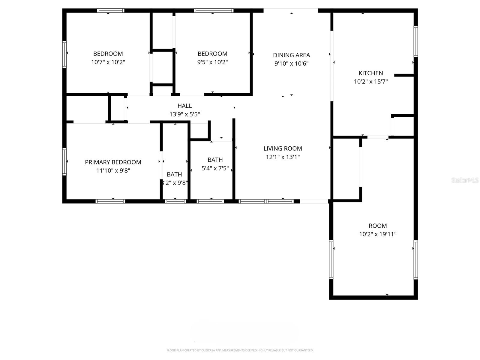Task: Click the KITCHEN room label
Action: (370, 73)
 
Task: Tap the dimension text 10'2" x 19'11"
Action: (378, 234)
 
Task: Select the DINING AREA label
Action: (291, 55)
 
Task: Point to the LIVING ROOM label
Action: (283, 148)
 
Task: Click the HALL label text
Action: (184, 106)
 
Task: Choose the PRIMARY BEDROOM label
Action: (113, 162)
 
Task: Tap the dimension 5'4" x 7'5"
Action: (215, 168)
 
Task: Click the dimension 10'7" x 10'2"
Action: (108, 62)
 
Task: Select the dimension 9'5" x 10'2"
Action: (212, 62)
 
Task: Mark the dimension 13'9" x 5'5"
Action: (184, 114)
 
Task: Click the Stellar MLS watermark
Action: (465, 180)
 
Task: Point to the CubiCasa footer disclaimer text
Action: (240, 350)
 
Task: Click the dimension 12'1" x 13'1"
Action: (283, 157)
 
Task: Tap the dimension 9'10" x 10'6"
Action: (291, 63)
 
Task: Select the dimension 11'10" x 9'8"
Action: (113, 170)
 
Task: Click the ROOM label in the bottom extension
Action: (378, 226)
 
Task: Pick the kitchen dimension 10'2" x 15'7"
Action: (370, 81)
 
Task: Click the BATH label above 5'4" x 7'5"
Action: (215, 160)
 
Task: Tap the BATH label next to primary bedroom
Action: (174, 174)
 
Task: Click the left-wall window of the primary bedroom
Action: (64, 161)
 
